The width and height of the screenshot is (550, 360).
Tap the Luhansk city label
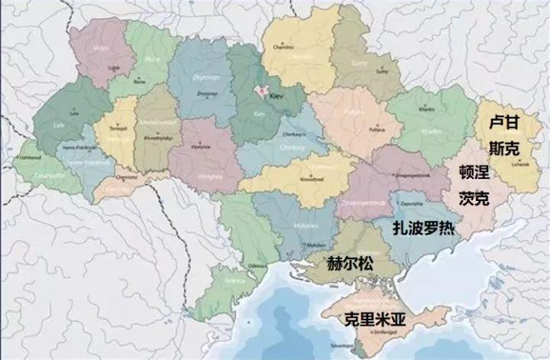coord(500,165)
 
